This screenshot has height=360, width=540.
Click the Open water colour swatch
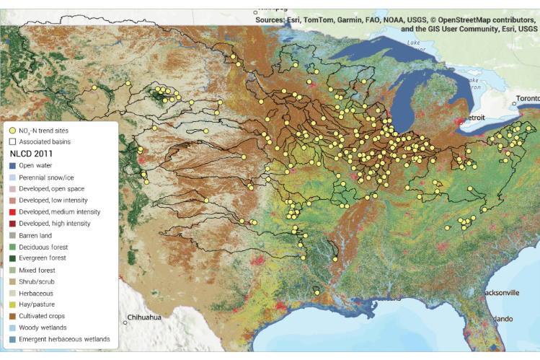coord(12,165)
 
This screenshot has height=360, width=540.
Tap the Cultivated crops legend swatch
coord(12,316)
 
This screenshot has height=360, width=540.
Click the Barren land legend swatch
coord(12,235)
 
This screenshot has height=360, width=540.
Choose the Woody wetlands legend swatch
coord(12,328)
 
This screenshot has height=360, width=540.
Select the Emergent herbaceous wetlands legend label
coord(64,339)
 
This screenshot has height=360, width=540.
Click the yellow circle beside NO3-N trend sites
coord(12,129)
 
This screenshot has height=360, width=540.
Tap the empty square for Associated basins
coord(12,141)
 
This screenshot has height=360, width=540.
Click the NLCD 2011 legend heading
coord(35,154)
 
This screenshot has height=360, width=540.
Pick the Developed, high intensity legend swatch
coord(12,224)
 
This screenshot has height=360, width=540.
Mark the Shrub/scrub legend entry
coord(12,281)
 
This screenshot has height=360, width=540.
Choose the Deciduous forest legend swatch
coord(12,247)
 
